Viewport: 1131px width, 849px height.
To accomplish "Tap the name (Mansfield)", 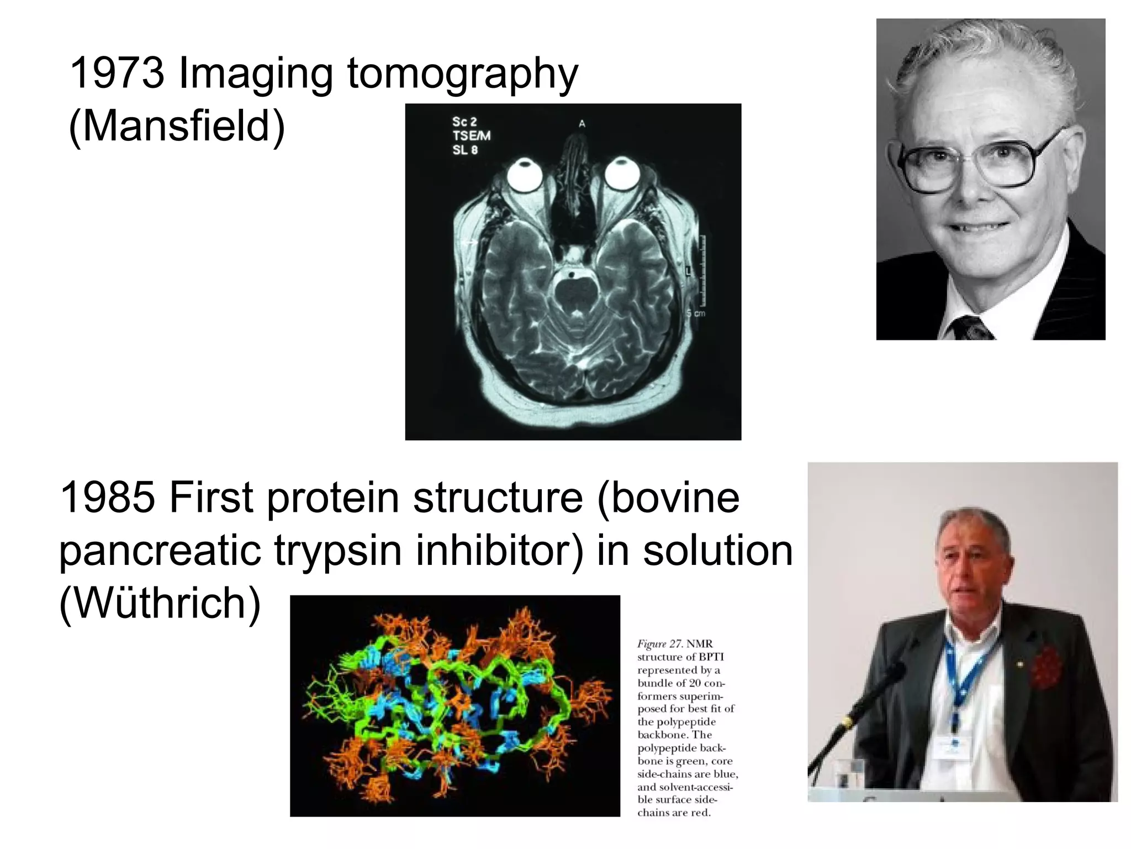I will coord(177,126).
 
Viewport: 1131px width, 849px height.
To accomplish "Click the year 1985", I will coord(107,497).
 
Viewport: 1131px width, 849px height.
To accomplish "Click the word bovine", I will coord(668,497).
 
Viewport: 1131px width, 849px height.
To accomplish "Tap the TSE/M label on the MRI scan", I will coord(471,136).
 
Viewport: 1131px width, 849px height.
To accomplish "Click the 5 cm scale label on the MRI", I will coord(696,313).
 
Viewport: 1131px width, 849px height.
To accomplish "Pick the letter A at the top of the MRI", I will coord(582,124).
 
